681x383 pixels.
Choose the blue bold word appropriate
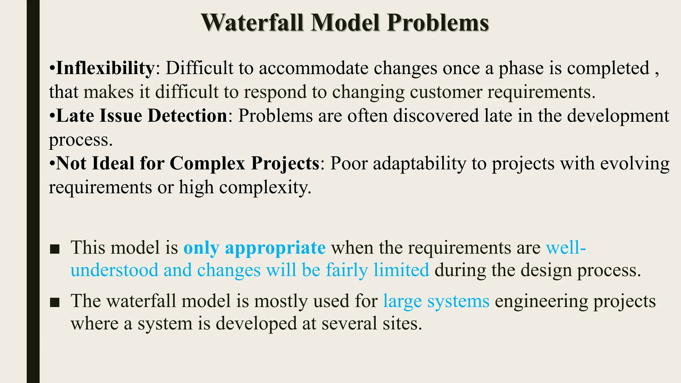[x=275, y=248]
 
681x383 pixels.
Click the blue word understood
[x=114, y=270]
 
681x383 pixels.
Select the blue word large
[x=402, y=302]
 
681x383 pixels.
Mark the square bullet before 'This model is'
[x=55, y=249]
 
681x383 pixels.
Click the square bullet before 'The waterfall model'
[x=55, y=302]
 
